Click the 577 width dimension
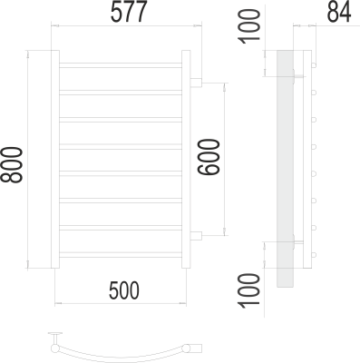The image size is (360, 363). pyautogui.click(x=125, y=14)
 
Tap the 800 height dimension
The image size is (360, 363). pyautogui.click(x=14, y=163)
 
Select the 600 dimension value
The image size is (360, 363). pyautogui.click(x=209, y=160)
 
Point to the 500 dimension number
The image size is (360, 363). pyautogui.click(x=123, y=291)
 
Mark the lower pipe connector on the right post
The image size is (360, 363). pyautogui.click(x=195, y=236)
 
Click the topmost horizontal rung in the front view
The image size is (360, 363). pyautogui.click(x=122, y=66)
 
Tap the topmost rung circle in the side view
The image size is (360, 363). pyautogui.click(x=313, y=65)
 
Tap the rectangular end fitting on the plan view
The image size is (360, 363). pyautogui.click(x=195, y=348)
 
